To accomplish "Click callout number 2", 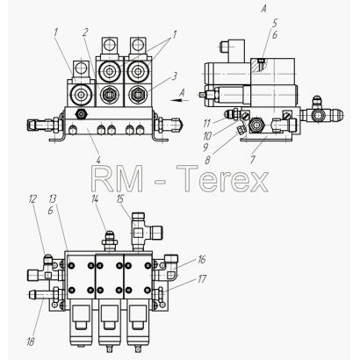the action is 85,32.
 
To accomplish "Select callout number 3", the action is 175,76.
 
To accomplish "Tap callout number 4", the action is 98,160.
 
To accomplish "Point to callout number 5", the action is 275,23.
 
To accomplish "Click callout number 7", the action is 253,159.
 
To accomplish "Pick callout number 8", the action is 207,161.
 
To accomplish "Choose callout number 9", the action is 205,148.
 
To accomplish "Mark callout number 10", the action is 207,136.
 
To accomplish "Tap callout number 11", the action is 206,123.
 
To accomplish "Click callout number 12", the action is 32,199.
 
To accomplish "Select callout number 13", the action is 52,199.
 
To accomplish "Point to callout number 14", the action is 95,199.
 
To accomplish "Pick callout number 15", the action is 120,199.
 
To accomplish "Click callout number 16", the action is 202,259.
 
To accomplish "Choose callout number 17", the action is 202,279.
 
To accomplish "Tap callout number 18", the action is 31,342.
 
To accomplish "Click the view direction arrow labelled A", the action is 179,100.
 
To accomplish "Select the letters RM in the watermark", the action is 118,178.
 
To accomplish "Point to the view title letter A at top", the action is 263,9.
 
